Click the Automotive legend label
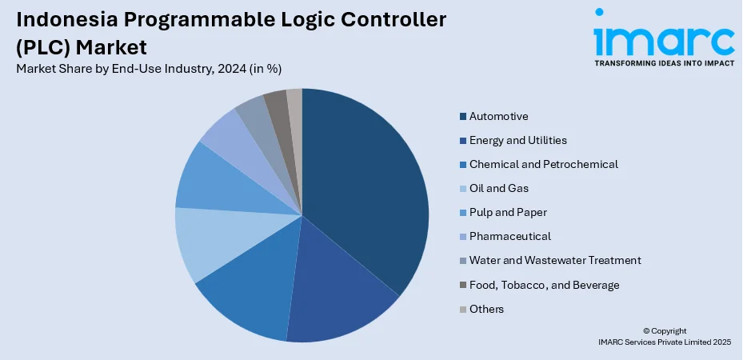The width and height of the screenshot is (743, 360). (499, 116)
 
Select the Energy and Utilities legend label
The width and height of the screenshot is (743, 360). (518, 140)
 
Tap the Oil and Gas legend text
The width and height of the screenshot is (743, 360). (499, 188)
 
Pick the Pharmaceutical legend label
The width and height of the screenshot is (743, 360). (510, 236)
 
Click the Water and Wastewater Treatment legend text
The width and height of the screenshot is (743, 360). (555, 260)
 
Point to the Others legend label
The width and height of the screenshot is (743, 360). (487, 309)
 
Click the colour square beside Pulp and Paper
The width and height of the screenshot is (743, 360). (463, 213)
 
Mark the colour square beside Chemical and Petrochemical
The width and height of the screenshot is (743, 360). (463, 165)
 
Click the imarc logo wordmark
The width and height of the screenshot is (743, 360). (664, 38)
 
